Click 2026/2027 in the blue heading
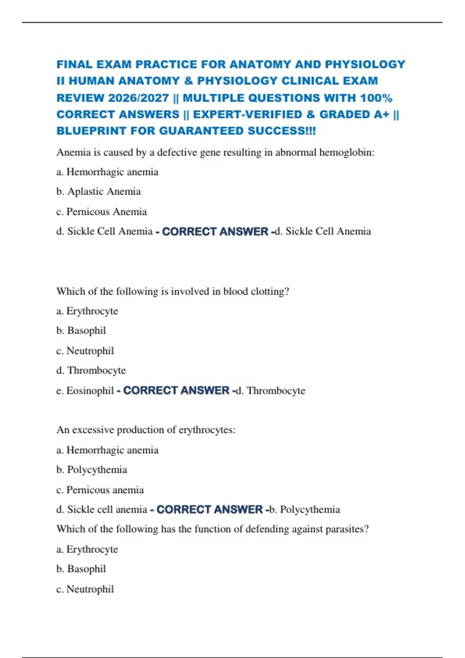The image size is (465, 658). coord(138,98)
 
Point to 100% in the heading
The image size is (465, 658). coord(376,98)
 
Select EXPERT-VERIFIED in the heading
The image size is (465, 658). coord(248,115)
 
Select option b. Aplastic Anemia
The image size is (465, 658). coord(98,192)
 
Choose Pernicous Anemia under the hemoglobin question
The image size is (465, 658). coord(106,212)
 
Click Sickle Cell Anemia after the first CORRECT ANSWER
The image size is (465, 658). coord(328,231)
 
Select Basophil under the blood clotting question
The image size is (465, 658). coord(86,331)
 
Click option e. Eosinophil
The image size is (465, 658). coord(85,391)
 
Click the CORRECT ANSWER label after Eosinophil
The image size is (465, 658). coord(176,391)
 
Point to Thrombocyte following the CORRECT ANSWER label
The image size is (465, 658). coord(276,391)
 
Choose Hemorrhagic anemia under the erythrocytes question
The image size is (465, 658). coord(112,450)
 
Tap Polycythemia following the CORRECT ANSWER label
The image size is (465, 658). coord(310,509)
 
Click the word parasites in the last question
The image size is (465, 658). coord(347,529)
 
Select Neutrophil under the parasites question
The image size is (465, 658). coord(90,589)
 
